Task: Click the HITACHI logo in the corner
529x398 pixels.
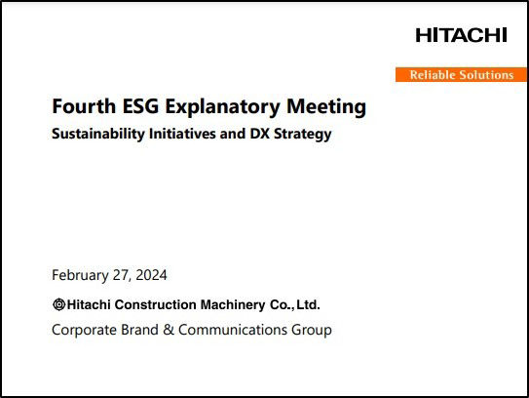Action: pos(461,35)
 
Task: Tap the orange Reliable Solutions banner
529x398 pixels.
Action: pos(461,75)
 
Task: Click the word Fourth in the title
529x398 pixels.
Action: pos(84,106)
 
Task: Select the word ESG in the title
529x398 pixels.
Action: pos(140,106)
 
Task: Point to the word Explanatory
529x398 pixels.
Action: pos(223,107)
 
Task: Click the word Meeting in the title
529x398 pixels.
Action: pos(326,107)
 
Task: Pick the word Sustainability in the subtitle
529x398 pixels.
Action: pos(98,134)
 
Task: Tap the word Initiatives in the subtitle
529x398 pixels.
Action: pos(182,133)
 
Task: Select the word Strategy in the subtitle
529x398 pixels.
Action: pos(303,135)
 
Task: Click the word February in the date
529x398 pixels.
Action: pos(80,275)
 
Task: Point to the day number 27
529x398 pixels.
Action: pos(120,275)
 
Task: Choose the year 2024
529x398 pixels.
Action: pos(151,275)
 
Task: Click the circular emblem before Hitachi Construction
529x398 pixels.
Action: pos(59,304)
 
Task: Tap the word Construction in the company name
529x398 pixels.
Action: pos(156,304)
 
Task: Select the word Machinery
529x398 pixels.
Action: pos(233,305)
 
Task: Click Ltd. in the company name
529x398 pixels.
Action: pos(308,304)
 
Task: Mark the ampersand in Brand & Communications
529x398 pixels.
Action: pos(169,330)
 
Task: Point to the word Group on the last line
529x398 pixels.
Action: pos(312,331)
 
